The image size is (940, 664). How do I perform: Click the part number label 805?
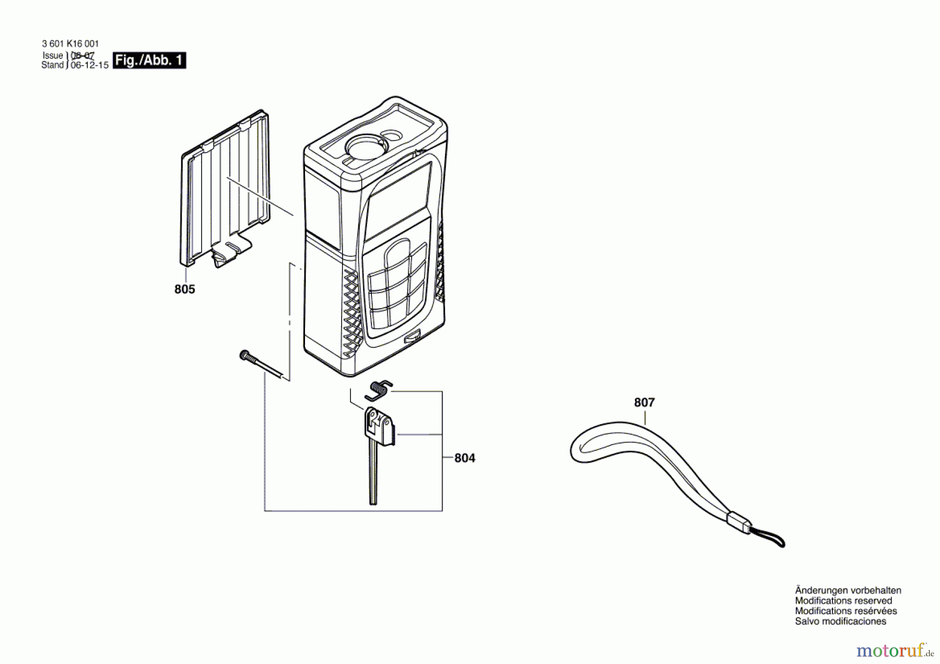coord(184,289)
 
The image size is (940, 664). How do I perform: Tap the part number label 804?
coord(464,458)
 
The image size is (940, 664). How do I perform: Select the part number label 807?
coord(644,402)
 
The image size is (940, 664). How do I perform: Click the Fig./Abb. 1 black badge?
coord(149,61)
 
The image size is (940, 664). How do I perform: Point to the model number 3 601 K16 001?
coord(70,44)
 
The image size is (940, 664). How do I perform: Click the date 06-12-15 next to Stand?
coord(89,65)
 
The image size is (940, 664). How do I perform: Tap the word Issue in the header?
coord(53,55)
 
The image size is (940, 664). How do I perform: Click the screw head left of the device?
coord(244,355)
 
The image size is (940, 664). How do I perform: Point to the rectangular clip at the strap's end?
coord(739,522)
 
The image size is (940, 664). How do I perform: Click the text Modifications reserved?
coord(843,601)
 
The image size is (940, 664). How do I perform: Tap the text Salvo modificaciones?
coord(840,621)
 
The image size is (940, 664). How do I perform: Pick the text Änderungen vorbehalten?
coord(848,590)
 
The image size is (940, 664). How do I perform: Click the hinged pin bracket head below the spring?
coord(379,426)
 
